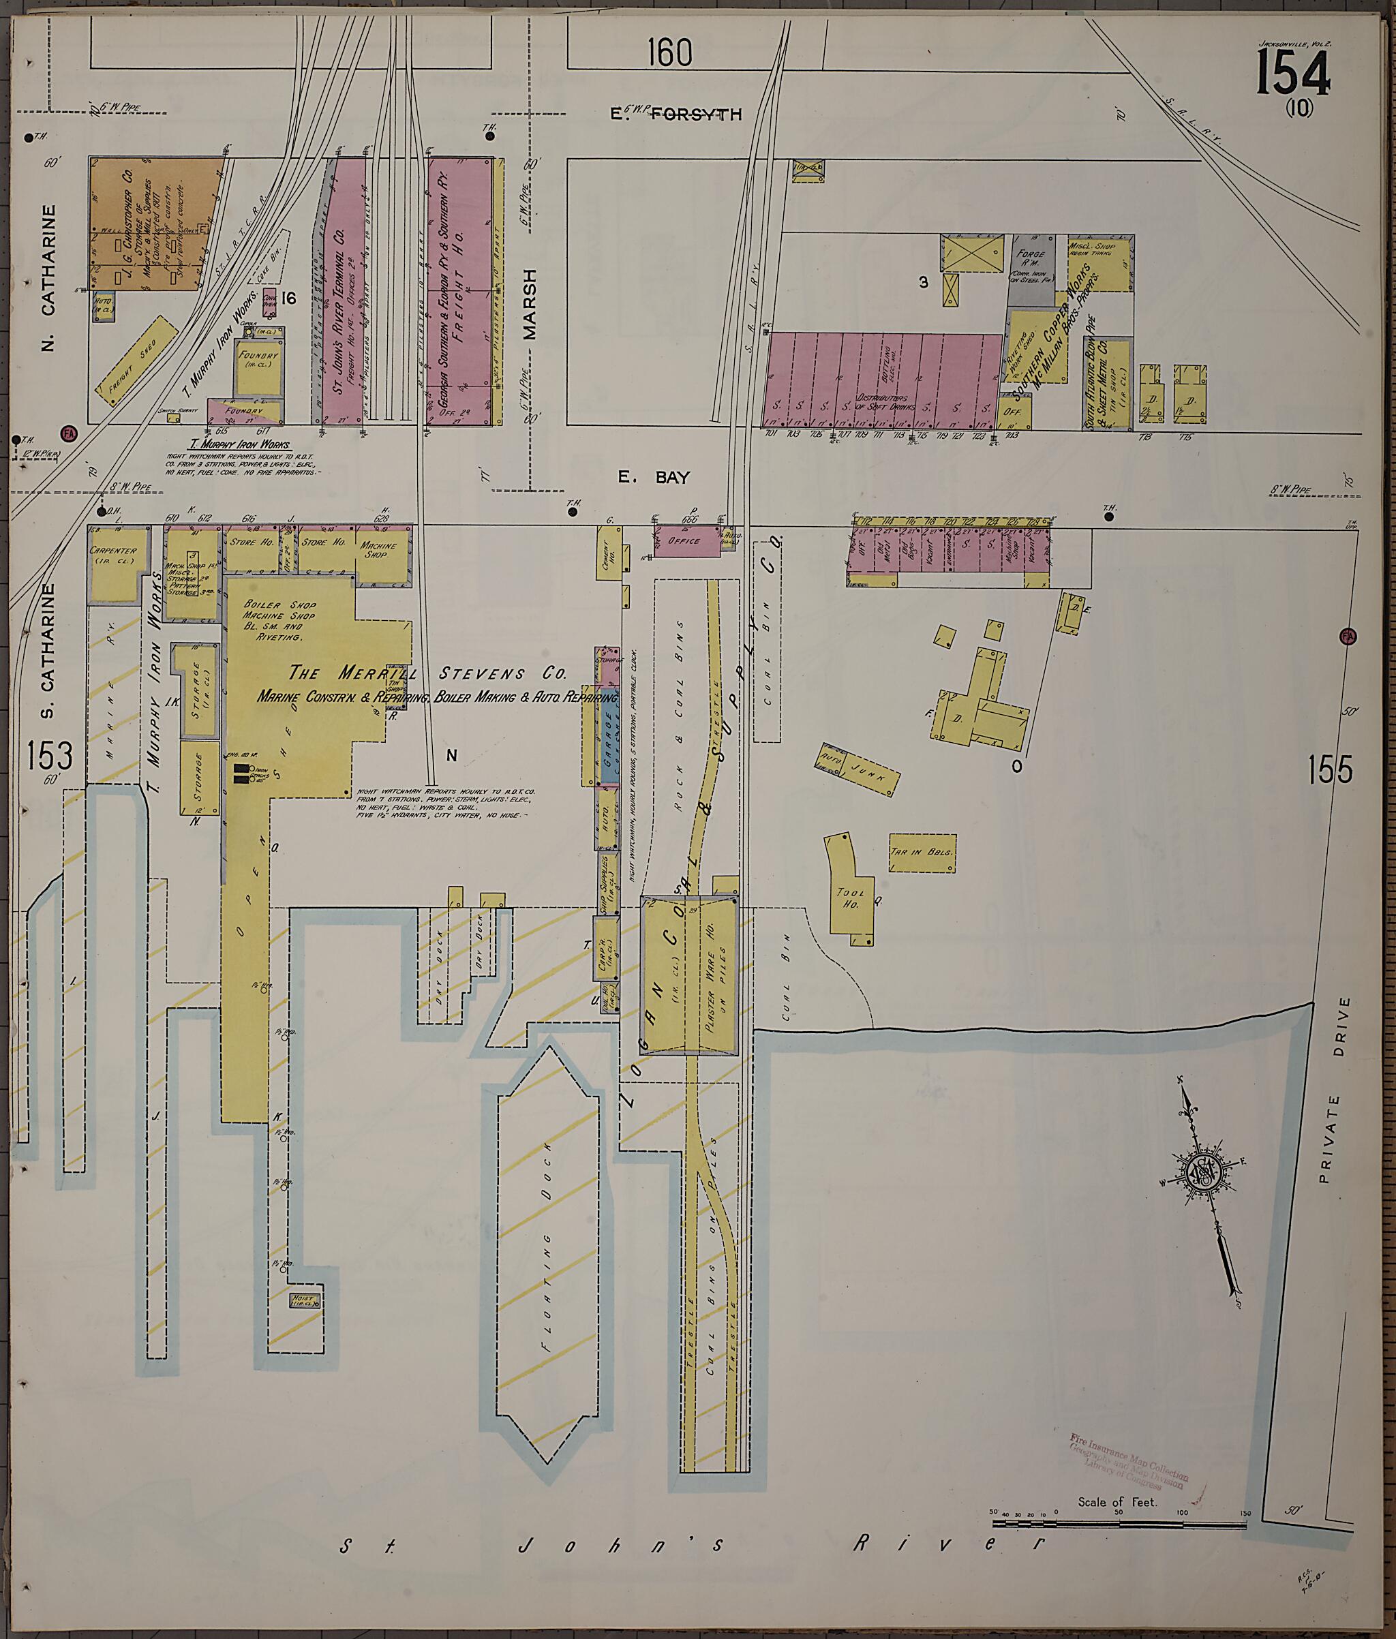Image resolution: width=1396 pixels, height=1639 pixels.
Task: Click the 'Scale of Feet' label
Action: click(x=1117, y=1501)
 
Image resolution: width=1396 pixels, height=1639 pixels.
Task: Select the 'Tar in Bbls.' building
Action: click(x=922, y=853)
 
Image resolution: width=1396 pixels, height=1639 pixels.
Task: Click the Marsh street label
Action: click(x=530, y=305)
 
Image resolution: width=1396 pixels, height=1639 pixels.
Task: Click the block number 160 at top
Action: click(x=669, y=53)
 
